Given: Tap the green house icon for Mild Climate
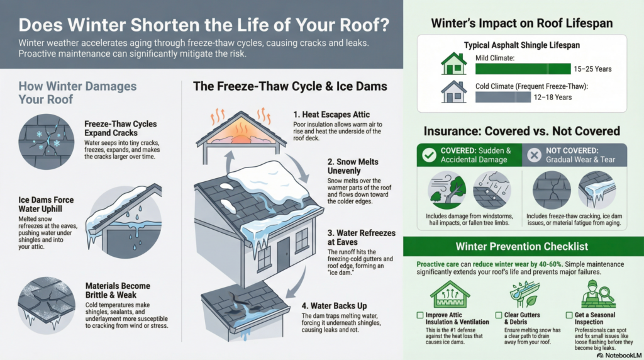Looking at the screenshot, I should coord(453,64).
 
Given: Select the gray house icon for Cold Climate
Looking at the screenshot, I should coord(453,92).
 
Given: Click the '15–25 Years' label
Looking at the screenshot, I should coord(592,69).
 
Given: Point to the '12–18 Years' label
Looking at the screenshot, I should coord(553,97).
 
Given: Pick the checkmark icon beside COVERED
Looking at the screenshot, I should coord(431,155).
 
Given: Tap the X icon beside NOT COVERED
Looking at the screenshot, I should coord(534,155).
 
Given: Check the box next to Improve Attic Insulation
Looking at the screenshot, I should coord(420,315).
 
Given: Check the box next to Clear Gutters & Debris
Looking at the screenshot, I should coord(499,315).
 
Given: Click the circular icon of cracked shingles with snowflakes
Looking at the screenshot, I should coord(46,142).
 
